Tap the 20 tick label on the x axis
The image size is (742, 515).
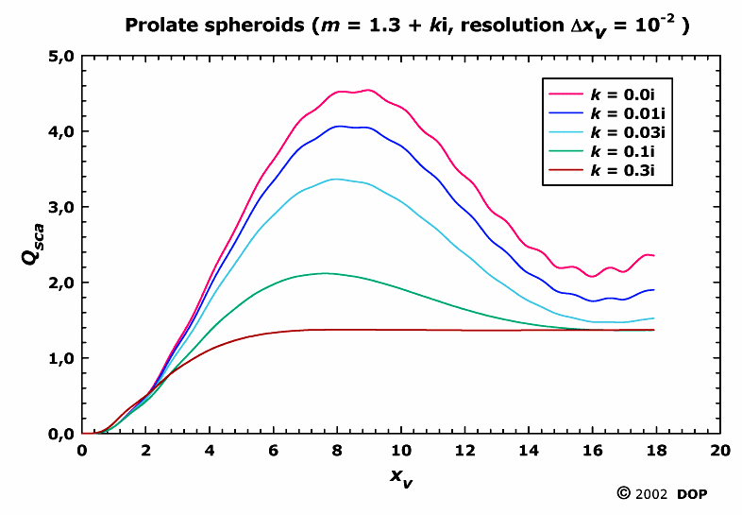720,451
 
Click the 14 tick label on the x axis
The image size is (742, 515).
530,451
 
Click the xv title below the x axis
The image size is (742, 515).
402,478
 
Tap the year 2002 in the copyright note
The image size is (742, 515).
652,493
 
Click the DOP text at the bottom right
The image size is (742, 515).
695,493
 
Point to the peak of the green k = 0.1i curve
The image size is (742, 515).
325,273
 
